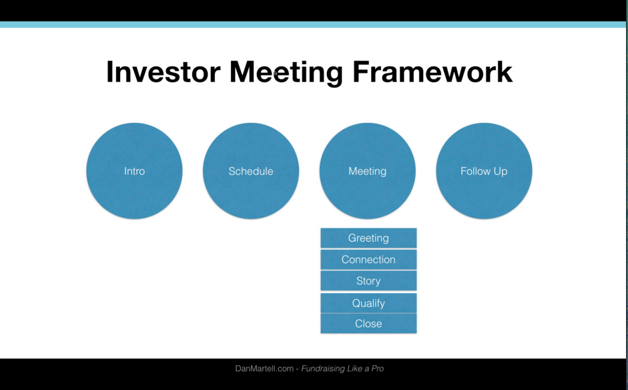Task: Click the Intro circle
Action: pos(134,171)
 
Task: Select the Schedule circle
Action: pos(251,171)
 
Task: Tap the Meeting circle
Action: pos(367,171)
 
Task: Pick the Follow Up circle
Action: pos(484,171)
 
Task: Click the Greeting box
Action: pos(368,238)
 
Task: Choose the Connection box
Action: pos(368,260)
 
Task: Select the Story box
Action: pos(368,281)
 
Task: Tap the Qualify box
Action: pos(368,303)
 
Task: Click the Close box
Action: pos(368,323)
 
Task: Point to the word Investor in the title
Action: pos(164,71)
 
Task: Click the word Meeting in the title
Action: pos(286,73)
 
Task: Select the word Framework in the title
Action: pos(432,71)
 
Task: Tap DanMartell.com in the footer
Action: pos(264,369)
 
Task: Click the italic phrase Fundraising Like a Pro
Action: pos(342,369)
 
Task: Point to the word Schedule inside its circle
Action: pos(251,171)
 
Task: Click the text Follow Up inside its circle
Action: pos(484,171)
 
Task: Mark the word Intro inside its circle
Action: pos(134,171)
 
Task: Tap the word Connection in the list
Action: pos(368,260)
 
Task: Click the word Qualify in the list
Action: pos(368,303)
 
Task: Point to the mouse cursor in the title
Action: pos(276,73)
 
